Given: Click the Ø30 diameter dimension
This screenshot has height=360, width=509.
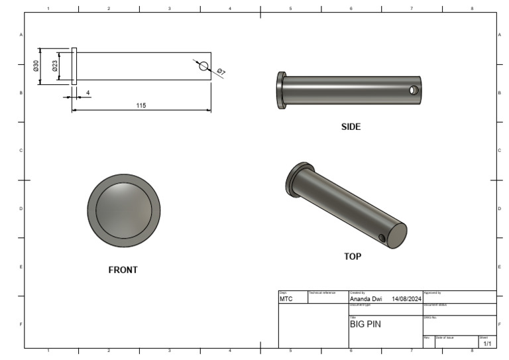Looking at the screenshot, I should click(36, 66).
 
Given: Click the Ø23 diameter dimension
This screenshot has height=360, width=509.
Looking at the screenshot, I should click(55, 66).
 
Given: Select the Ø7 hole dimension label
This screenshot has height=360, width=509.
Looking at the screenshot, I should click(221, 72).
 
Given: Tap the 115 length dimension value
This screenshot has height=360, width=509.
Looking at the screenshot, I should click(141, 105).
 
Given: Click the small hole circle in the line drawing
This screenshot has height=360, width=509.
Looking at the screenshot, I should click(203, 66).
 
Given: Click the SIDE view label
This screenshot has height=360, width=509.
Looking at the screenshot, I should click(351, 127).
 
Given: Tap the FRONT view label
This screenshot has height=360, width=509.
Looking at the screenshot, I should click(123, 270).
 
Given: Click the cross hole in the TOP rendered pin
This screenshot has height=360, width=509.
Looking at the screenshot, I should click(382, 237).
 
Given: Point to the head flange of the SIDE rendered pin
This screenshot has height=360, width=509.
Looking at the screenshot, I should click(281, 90).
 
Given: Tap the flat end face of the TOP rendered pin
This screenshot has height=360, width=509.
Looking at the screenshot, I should click(396, 236).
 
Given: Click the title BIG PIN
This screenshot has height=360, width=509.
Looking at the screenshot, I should click(365, 325).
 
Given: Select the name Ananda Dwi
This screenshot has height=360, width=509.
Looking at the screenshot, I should click(365, 299).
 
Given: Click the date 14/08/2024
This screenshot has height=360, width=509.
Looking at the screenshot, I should click(406, 299).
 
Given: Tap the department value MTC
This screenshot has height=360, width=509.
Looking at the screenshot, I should click(286, 299).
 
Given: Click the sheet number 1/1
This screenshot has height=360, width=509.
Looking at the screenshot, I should click(487, 344).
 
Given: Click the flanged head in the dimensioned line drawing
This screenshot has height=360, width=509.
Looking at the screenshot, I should click(74, 66).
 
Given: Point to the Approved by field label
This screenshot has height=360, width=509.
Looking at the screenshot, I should click(432, 292).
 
